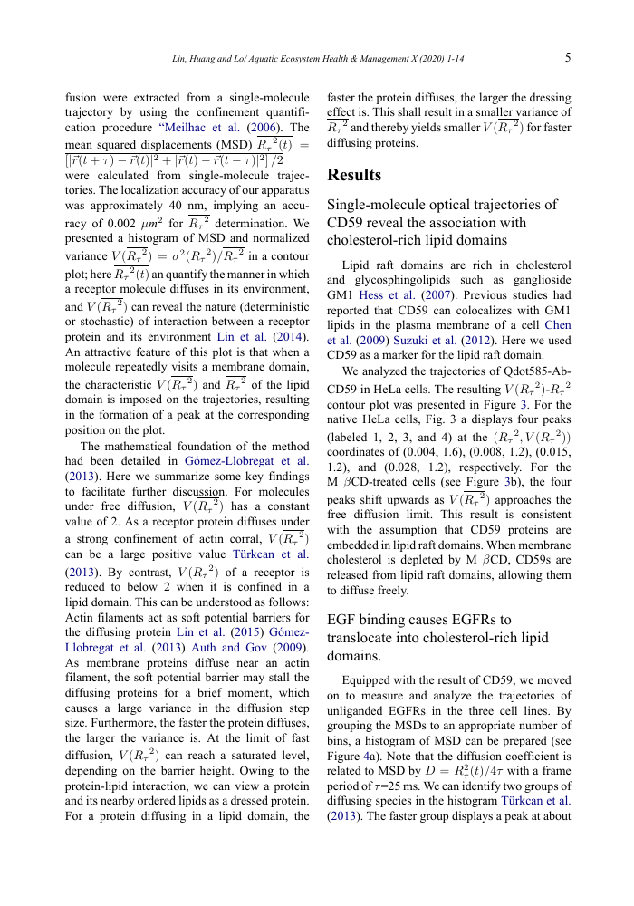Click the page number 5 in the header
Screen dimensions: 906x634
[x=567, y=59]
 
